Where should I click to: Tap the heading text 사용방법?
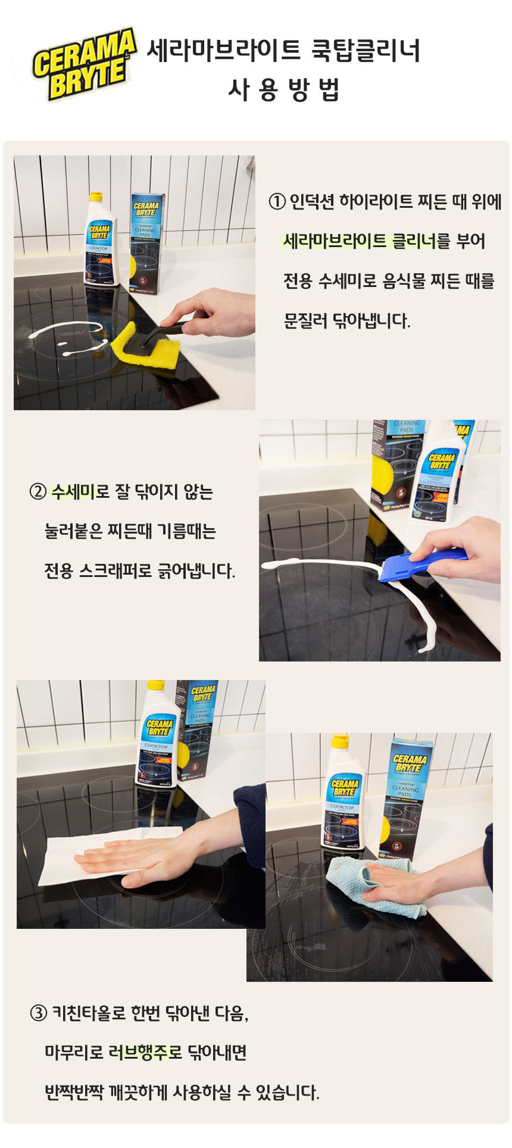[283, 90]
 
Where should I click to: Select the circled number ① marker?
[277, 202]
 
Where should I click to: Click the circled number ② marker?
[38, 492]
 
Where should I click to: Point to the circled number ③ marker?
[38, 1013]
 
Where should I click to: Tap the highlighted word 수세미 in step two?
[73, 492]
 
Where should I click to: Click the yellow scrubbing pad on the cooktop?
[145, 346]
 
